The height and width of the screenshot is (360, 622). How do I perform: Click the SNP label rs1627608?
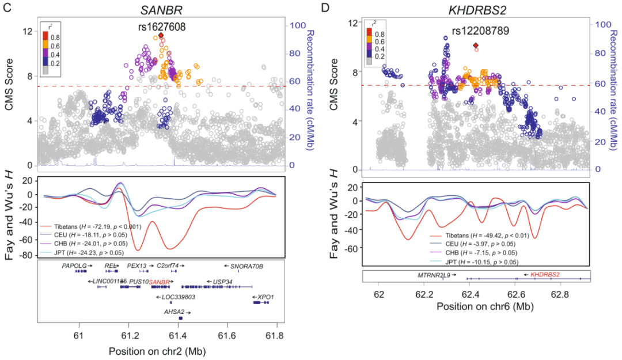click(x=161, y=26)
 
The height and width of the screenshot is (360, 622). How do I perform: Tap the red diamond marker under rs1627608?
click(x=161, y=36)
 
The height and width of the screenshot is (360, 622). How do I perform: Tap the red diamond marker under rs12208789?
click(x=476, y=46)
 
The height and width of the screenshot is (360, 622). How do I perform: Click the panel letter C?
click(x=5, y=7)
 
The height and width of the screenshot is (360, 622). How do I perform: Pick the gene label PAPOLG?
click(x=74, y=267)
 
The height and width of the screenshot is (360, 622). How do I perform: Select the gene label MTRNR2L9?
click(x=435, y=275)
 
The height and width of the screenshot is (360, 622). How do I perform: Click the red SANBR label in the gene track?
click(x=160, y=282)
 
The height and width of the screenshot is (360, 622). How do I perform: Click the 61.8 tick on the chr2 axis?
click(x=276, y=333)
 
